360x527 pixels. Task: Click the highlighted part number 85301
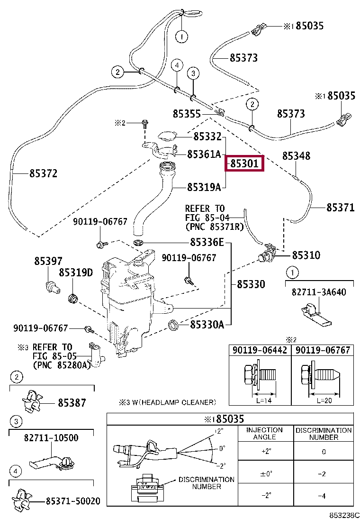click(244, 164)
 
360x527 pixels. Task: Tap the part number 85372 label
click(43, 174)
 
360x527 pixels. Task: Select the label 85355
click(187, 114)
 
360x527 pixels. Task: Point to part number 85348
click(297, 156)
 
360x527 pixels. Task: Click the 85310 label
click(306, 255)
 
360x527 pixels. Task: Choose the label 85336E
click(207, 243)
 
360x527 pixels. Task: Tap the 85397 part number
click(48, 261)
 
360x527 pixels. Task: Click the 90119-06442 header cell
click(259, 350)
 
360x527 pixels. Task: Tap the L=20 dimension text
click(322, 400)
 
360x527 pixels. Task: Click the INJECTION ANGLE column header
click(265, 433)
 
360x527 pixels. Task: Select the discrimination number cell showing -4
click(324, 496)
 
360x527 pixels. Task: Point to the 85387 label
click(72, 403)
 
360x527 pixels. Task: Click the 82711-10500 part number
click(51, 438)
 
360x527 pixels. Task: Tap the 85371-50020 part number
click(73, 501)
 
